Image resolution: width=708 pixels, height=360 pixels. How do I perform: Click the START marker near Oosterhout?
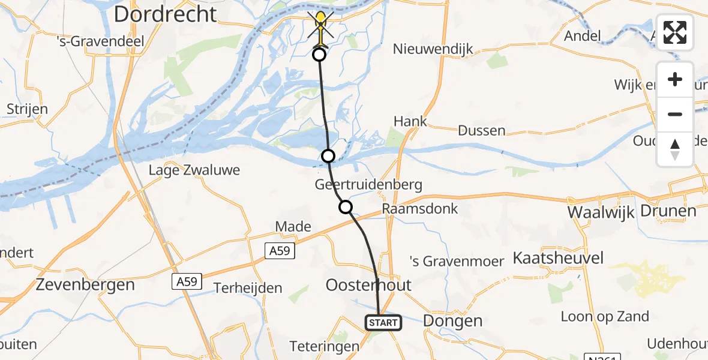pos(383,323)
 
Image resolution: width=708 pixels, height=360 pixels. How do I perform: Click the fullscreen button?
pos(675,32)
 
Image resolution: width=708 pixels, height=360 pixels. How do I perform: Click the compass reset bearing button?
pos(675,149)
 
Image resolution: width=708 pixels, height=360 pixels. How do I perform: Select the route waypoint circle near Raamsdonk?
pos(346,208)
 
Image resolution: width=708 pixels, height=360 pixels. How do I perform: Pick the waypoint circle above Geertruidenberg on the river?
pos(328,156)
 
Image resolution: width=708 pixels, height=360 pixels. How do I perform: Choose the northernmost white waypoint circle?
pos(319,55)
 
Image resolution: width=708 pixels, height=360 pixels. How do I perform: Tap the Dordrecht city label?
pos(165,14)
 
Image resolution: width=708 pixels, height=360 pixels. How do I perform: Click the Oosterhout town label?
pos(368,284)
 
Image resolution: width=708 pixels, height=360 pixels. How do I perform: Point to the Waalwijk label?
pos(601,212)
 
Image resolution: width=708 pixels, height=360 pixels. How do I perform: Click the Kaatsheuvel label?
pos(558,259)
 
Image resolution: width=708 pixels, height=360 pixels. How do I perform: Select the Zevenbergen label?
pos(85,284)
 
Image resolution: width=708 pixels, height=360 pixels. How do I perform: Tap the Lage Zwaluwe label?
pos(194,170)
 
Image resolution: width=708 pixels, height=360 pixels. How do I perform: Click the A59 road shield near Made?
pos(281,251)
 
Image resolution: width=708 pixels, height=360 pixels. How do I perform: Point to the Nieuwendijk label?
pos(433,49)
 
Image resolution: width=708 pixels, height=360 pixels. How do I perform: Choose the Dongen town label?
pos(452,320)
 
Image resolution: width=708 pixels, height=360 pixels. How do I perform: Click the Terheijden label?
pos(248,288)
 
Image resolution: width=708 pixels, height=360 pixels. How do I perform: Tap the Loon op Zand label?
pos(605,316)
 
